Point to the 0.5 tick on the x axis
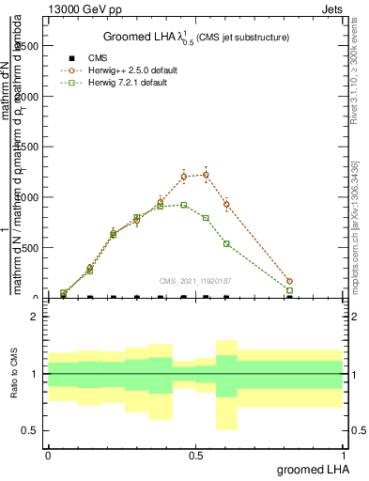pos(195,456)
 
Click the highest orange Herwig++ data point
pos(206,175)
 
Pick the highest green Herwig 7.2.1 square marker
pos(183,205)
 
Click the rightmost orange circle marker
pos(289,281)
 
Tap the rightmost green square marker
pos(289,290)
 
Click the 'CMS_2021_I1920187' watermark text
pos(196,280)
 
